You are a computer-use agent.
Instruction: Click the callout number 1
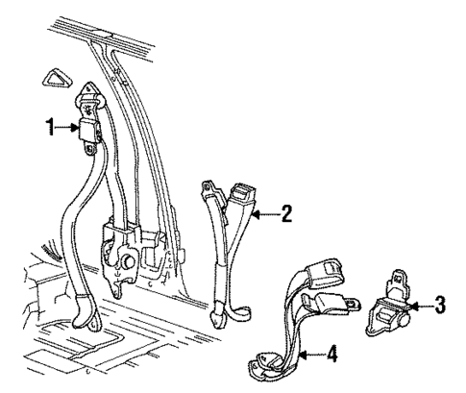coord(49,127)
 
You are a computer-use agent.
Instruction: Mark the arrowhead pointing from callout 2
coord(252,213)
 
